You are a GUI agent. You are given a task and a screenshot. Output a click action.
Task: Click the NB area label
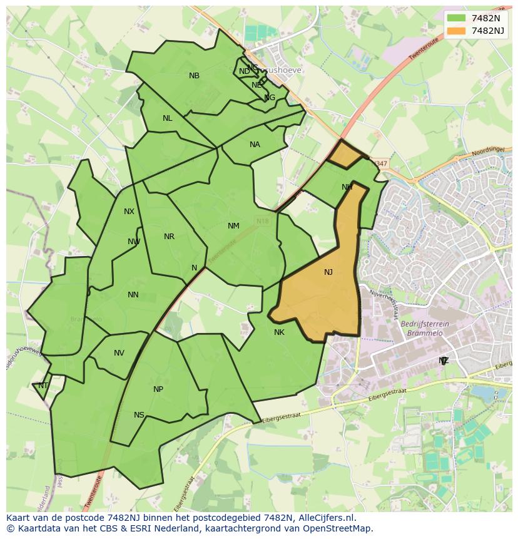pyautogui.click(x=194, y=76)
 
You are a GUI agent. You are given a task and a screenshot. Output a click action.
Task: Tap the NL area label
pyautogui.click(x=167, y=118)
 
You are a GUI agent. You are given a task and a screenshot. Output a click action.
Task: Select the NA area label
pyautogui.click(x=255, y=145)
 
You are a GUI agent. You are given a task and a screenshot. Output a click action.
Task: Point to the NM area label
pyautogui.click(x=233, y=226)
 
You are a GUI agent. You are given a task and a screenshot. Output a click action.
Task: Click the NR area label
pyautogui.click(x=169, y=237)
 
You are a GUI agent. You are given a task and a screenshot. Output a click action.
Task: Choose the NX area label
pyautogui.click(x=129, y=212)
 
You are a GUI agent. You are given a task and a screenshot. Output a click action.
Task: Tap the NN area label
pyautogui.click(x=133, y=295)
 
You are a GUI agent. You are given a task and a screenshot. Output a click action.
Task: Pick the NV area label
pyautogui.click(x=119, y=353)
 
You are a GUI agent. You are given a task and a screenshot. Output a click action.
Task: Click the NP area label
pyautogui.click(x=158, y=389)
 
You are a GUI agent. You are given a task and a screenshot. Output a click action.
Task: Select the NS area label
pyautogui.click(x=139, y=415)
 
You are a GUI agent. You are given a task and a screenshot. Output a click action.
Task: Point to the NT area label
pyautogui.click(x=43, y=386)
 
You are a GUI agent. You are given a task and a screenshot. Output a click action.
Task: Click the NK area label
pyautogui.click(x=279, y=332)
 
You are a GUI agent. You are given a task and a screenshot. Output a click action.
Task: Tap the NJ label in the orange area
pyautogui.click(x=328, y=272)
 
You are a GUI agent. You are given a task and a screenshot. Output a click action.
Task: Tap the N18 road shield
pyautogui.click(x=262, y=221)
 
